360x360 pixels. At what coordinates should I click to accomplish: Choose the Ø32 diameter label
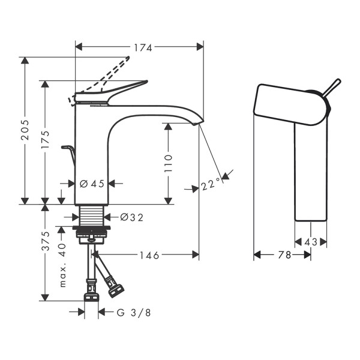(132, 217)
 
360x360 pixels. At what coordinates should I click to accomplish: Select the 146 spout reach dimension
(149, 255)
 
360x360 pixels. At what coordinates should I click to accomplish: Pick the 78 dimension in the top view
(284, 255)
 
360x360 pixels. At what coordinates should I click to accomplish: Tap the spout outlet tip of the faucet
(199, 123)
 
